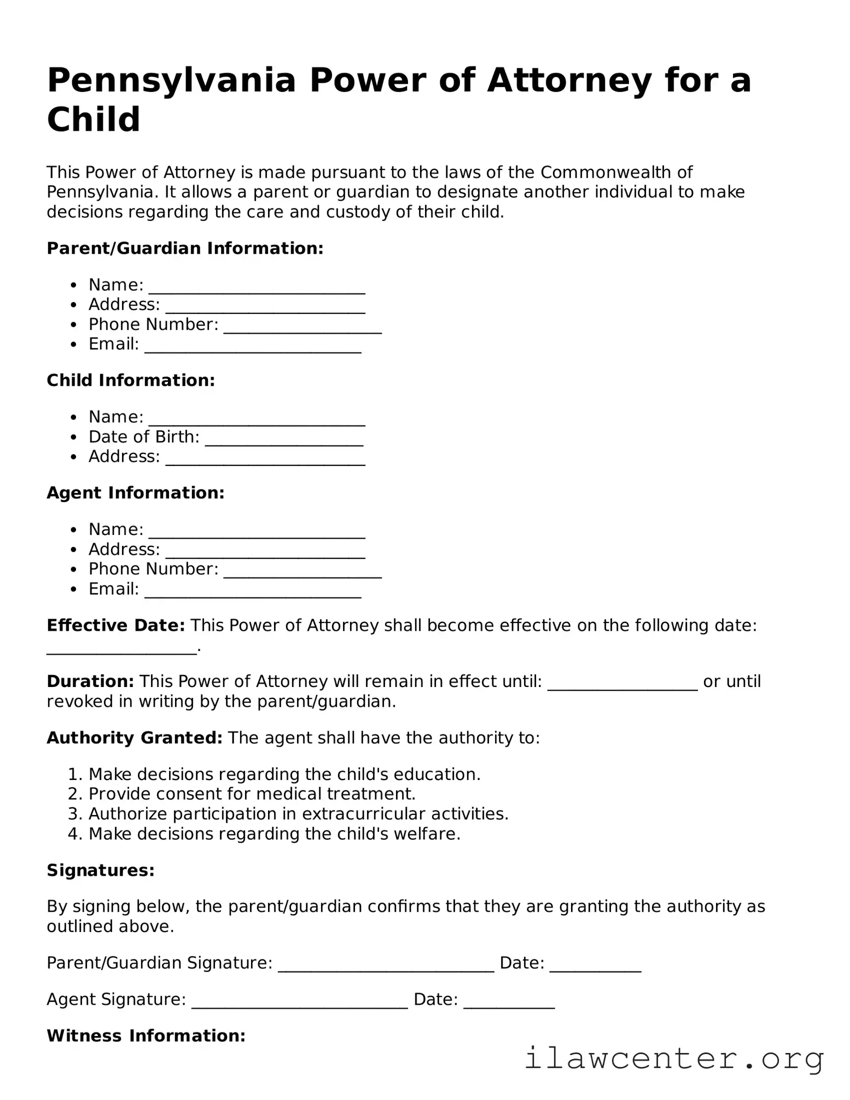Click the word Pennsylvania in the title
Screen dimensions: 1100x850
point(171,80)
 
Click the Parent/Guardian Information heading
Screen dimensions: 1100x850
point(185,248)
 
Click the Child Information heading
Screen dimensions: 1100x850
point(131,381)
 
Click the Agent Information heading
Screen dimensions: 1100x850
point(136,493)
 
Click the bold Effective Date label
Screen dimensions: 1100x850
point(116,625)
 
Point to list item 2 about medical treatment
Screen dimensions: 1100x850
point(252,794)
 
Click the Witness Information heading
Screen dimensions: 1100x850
point(146,1035)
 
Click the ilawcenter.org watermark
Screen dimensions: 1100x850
point(674,1060)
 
